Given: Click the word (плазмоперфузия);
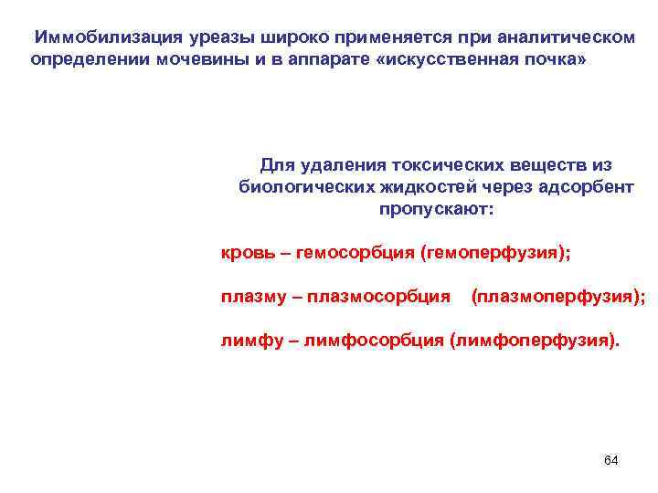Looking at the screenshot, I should [x=557, y=297].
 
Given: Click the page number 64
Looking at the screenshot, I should [x=610, y=460].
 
